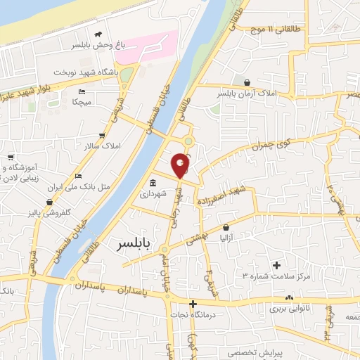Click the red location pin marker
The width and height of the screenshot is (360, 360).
click(x=181, y=165)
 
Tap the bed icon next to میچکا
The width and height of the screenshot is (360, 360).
click(x=82, y=92)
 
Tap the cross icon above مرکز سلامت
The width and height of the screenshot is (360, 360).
click(x=276, y=266)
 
